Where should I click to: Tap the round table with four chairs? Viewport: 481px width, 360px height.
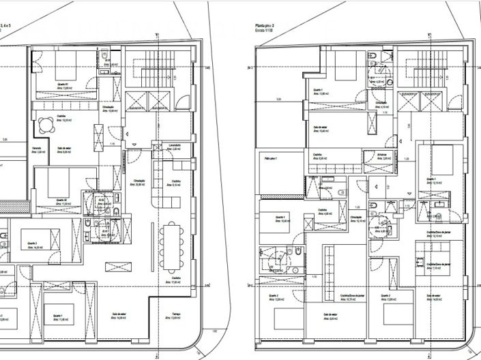(45, 124)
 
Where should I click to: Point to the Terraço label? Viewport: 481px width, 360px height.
(176, 314)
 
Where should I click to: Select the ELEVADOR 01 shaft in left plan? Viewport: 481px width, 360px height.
(134, 102)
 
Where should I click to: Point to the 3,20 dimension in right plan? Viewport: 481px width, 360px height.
(279, 100)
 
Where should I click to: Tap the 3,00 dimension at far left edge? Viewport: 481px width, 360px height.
(5, 140)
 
